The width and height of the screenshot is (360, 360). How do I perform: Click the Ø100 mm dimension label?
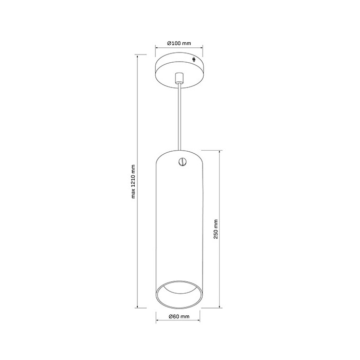[x=179, y=43]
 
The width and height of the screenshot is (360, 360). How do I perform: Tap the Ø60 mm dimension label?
[x=179, y=316]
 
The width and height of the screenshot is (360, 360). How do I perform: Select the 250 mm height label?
[x=215, y=229]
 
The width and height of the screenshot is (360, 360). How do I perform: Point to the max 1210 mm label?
[x=133, y=182]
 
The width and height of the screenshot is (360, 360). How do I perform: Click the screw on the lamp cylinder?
[x=183, y=161]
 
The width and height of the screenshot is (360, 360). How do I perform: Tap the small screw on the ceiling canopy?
[x=194, y=59]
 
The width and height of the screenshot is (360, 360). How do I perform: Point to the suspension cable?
[x=179, y=117]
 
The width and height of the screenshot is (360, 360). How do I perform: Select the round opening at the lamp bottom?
[x=179, y=295]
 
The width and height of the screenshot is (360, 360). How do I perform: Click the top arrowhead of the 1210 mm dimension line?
[x=137, y=56]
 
